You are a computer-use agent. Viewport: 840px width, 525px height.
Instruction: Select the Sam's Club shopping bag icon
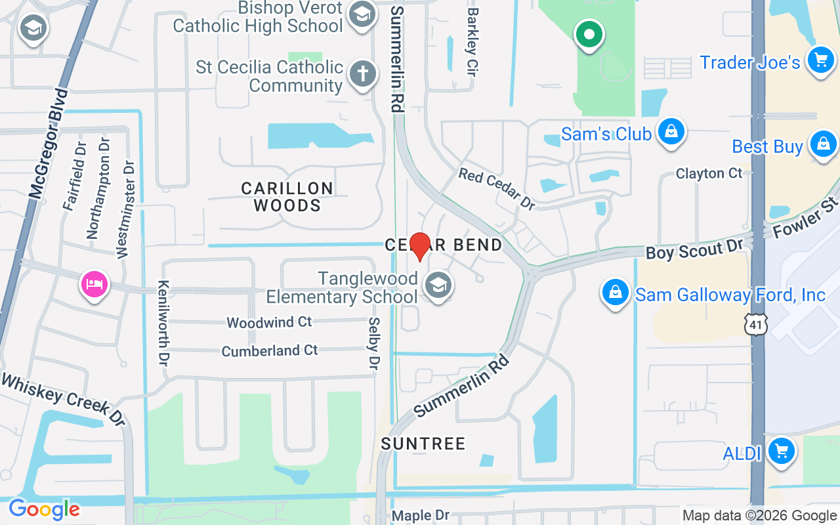click(x=671, y=131)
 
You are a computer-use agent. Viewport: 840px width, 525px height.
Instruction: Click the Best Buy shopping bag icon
click(x=823, y=144)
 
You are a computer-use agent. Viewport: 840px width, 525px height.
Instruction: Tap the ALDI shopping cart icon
click(x=781, y=451)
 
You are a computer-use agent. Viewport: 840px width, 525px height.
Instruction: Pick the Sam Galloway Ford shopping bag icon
click(x=616, y=293)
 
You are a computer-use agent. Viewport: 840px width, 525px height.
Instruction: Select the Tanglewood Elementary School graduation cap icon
click(x=437, y=285)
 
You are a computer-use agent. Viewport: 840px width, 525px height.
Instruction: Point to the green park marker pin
click(x=589, y=33)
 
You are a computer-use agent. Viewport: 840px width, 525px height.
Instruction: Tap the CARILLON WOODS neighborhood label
click(x=287, y=197)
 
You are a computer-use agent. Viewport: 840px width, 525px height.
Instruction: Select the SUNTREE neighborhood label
click(x=423, y=444)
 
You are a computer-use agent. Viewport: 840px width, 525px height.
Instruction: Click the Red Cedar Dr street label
click(x=497, y=189)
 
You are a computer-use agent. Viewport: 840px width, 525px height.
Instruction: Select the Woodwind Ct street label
click(x=269, y=322)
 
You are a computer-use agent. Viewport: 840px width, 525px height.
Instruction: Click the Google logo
click(x=44, y=509)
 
